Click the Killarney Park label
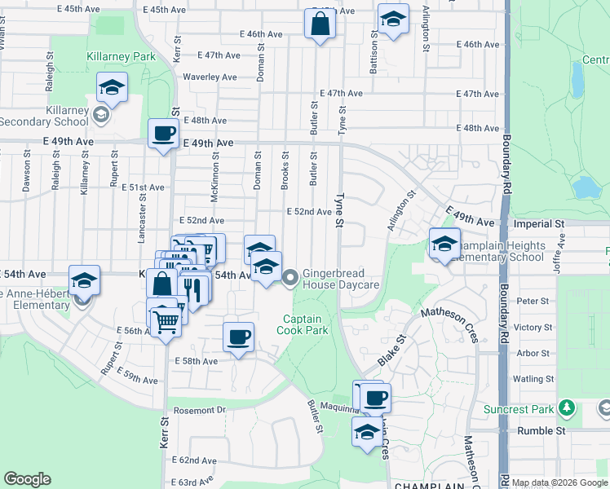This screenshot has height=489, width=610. (x=121, y=57)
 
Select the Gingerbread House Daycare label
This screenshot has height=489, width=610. (x=342, y=280)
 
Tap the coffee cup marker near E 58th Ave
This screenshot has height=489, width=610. (x=238, y=337)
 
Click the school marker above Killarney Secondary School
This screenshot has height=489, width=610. (x=112, y=86)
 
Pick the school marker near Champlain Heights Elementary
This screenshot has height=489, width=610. (x=444, y=244)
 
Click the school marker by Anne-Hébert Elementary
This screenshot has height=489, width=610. (x=84, y=280)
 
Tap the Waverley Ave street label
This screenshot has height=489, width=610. (x=210, y=77)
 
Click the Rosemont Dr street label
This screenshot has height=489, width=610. (x=197, y=410)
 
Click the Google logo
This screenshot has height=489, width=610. (x=27, y=479)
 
